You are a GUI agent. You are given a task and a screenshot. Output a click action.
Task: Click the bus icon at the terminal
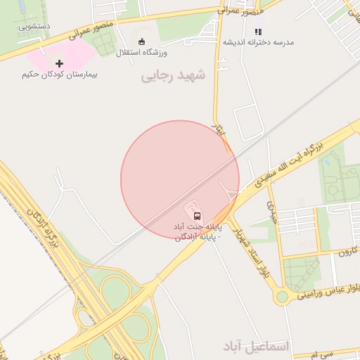(x=196, y=215)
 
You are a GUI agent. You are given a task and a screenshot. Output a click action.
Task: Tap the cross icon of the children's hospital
(x=59, y=63)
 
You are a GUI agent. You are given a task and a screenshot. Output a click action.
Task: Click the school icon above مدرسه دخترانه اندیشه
(x=258, y=32)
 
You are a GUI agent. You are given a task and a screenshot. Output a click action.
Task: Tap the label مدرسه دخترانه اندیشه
(x=258, y=42)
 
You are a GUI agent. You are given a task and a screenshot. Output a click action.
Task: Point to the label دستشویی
(x=34, y=27)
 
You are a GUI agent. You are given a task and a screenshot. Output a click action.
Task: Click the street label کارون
(x=347, y=251)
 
